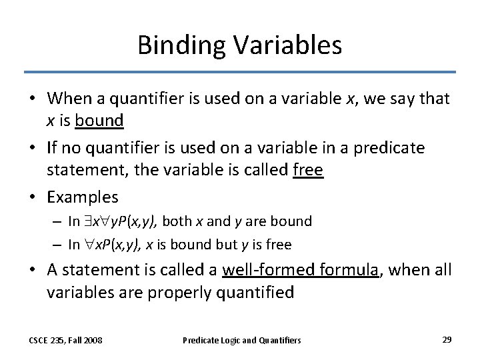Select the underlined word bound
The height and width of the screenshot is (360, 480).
(99, 121)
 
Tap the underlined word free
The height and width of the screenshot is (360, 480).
(308, 171)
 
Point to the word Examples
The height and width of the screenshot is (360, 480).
(82, 197)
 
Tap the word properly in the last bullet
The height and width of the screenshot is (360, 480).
(173, 293)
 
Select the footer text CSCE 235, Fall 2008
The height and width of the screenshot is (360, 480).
(65, 340)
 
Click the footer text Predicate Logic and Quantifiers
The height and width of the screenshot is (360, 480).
(241, 340)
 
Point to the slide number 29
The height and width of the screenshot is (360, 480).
(447, 339)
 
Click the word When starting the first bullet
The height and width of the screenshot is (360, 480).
(69, 99)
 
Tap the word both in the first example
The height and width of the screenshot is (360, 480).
(176, 221)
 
